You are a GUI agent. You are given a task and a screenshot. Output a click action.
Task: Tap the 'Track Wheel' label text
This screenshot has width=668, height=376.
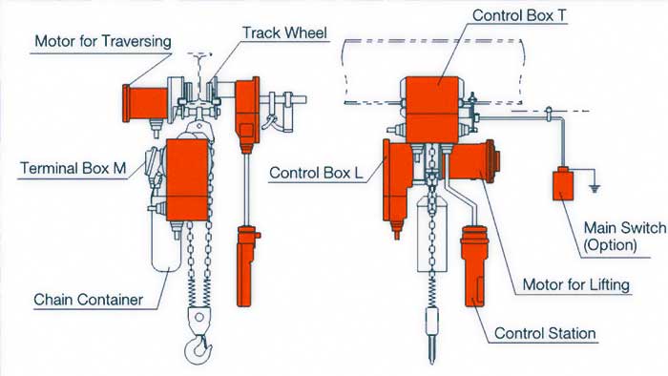pos(283,32)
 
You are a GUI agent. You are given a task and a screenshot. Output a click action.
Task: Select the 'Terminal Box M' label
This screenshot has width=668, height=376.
pos(73,170)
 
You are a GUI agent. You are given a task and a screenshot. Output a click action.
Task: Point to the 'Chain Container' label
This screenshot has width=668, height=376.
pos(87,300)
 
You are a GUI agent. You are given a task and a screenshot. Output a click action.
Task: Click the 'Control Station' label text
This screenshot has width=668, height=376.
pos(544,333)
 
